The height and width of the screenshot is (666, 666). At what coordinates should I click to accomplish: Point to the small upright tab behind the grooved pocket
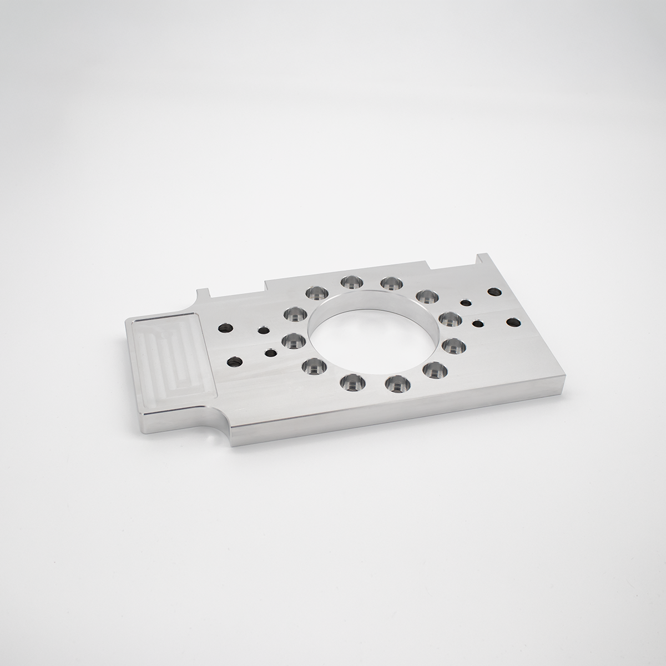(x=203, y=293)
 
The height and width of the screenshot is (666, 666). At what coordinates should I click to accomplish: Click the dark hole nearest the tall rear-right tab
(x=492, y=291)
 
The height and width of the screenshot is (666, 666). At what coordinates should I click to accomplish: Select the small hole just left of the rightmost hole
(x=477, y=323)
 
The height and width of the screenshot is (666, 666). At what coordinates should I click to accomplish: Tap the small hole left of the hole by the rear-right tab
(x=465, y=302)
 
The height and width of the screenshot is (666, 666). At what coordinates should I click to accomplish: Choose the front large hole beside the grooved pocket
(x=234, y=362)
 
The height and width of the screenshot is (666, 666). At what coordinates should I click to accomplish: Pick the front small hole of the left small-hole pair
(x=270, y=352)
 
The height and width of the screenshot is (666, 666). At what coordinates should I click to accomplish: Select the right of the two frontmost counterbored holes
(x=396, y=382)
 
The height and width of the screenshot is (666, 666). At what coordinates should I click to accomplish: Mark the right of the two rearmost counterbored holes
(x=390, y=283)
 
